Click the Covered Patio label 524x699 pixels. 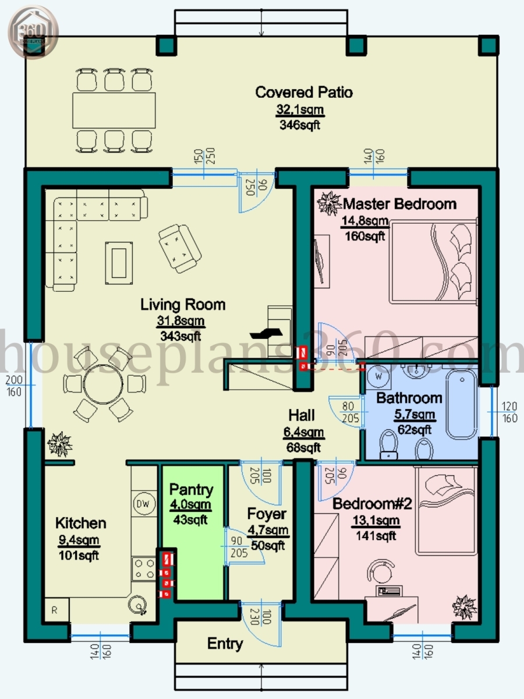tap(304, 92)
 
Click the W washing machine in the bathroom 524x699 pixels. tap(378, 376)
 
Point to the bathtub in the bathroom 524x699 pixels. tap(462, 405)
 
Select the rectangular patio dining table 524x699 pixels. tap(114, 111)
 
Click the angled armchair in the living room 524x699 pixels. tap(179, 248)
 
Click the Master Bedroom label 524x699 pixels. tap(399, 204)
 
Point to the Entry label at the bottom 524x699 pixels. tap(225, 644)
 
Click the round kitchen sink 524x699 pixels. tap(139, 606)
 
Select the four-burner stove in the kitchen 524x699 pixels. tap(143, 569)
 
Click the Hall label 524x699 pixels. tap(302, 415)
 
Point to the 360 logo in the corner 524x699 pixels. tap(33, 32)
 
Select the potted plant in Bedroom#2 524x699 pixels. tap(464, 608)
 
